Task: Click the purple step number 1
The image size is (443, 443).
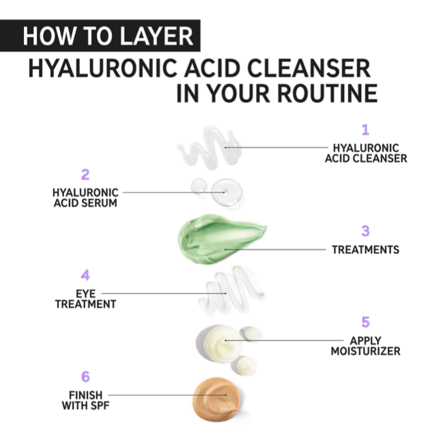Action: point(365,130)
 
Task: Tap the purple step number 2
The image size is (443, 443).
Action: point(85,175)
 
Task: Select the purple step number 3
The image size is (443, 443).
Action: point(365,231)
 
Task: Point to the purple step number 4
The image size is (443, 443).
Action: point(85,275)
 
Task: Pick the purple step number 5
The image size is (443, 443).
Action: point(365,321)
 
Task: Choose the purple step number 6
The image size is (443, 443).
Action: point(85,377)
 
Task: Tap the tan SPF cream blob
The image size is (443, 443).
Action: point(216,399)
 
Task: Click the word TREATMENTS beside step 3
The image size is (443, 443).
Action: point(365,250)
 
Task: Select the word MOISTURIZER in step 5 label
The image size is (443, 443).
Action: point(365,351)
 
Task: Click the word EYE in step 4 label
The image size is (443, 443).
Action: point(85,294)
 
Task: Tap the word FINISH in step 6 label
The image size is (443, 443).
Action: point(85,395)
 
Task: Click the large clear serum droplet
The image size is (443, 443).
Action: point(227,192)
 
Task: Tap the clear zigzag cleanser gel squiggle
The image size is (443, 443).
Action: point(210,147)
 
